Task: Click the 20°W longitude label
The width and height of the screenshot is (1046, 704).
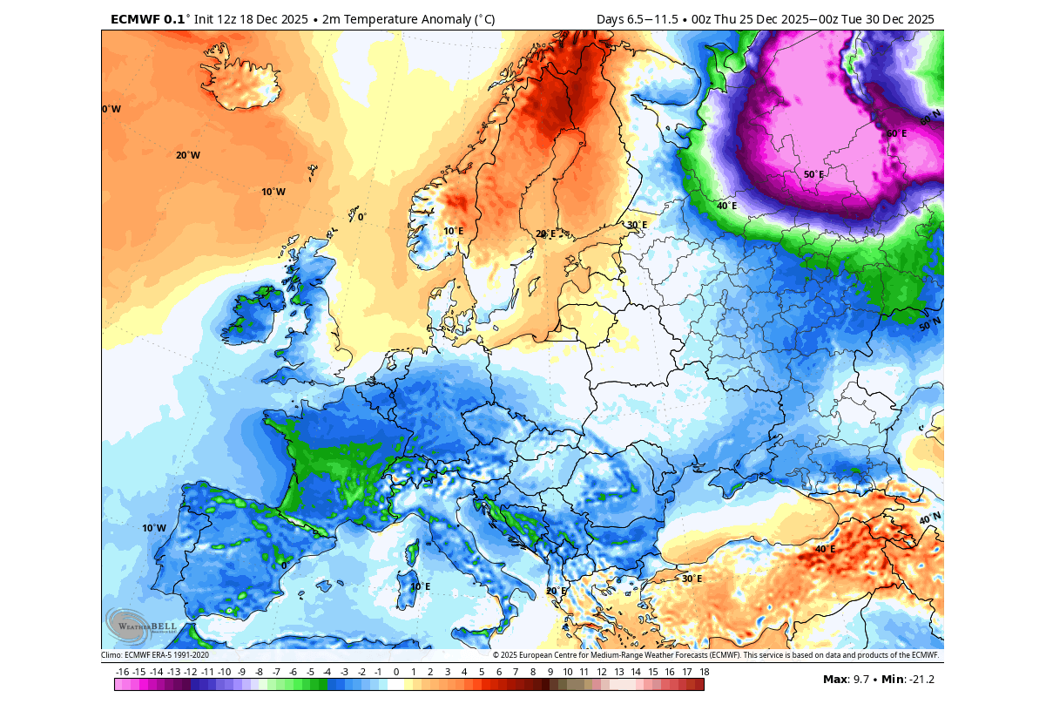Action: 187,155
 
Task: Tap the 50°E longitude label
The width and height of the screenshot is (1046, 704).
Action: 813,174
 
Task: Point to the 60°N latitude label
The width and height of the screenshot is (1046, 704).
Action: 931,118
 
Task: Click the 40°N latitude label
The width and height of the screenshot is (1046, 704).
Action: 929,519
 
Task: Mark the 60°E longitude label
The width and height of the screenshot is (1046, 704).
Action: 896,134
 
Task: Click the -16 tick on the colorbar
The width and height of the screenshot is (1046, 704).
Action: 122,672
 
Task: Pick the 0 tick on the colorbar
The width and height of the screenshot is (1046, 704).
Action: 396,672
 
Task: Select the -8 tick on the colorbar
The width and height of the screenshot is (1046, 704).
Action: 259,672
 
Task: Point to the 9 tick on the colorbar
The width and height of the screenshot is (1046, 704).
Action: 550,672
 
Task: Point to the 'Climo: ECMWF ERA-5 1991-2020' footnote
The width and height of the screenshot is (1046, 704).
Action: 155,655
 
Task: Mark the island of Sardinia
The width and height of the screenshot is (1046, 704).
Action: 407,590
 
